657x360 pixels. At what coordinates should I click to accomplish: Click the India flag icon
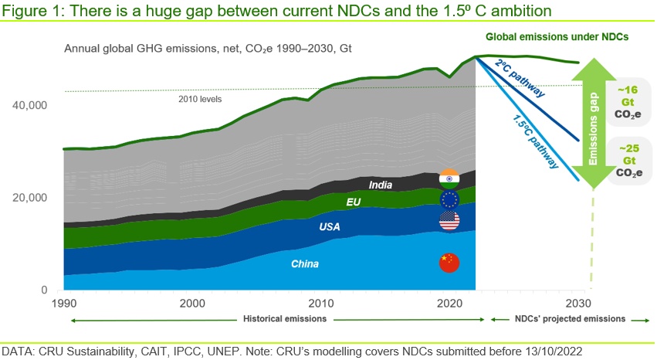pos(449,179)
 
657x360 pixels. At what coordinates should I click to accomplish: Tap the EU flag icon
pos(449,199)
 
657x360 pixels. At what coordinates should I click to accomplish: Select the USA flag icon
pos(449,220)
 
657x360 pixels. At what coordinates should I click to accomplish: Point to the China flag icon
pos(449,263)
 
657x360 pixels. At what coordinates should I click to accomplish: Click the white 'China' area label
pos(305,264)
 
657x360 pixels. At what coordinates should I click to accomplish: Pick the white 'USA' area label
pos(330,226)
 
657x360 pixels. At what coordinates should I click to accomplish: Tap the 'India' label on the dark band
pos(381,185)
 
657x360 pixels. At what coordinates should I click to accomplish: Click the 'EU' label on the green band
pos(354,202)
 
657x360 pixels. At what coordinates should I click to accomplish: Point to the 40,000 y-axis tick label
pos(29,105)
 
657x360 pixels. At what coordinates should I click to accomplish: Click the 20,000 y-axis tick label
pos(29,198)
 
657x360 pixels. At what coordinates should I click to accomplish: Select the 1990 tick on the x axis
pos(64,303)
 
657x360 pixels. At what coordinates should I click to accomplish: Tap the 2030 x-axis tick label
pos(578,303)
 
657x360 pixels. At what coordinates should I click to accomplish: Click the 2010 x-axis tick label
pos(321,303)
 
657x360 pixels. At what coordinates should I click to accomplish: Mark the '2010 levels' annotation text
pos(200,100)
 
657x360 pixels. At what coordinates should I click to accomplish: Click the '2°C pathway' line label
pos(520,78)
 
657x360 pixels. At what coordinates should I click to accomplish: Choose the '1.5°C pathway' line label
pos(535,141)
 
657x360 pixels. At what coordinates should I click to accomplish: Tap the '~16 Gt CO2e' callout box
pos(628,102)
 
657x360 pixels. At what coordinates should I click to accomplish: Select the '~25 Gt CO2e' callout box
pos(629,161)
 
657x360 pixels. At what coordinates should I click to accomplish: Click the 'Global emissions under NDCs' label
pos(557,37)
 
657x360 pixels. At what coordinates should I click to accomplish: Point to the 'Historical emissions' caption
pos(285,319)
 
